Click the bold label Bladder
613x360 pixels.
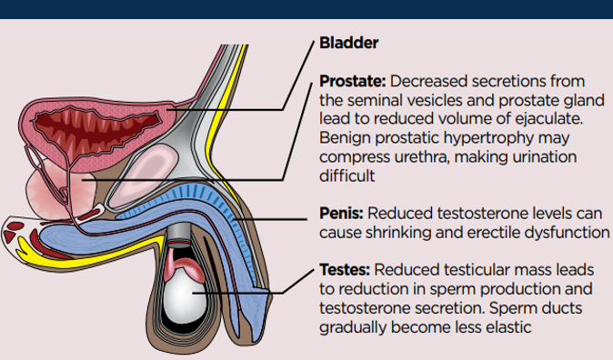(x=348, y=43)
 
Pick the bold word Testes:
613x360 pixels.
(x=345, y=271)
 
